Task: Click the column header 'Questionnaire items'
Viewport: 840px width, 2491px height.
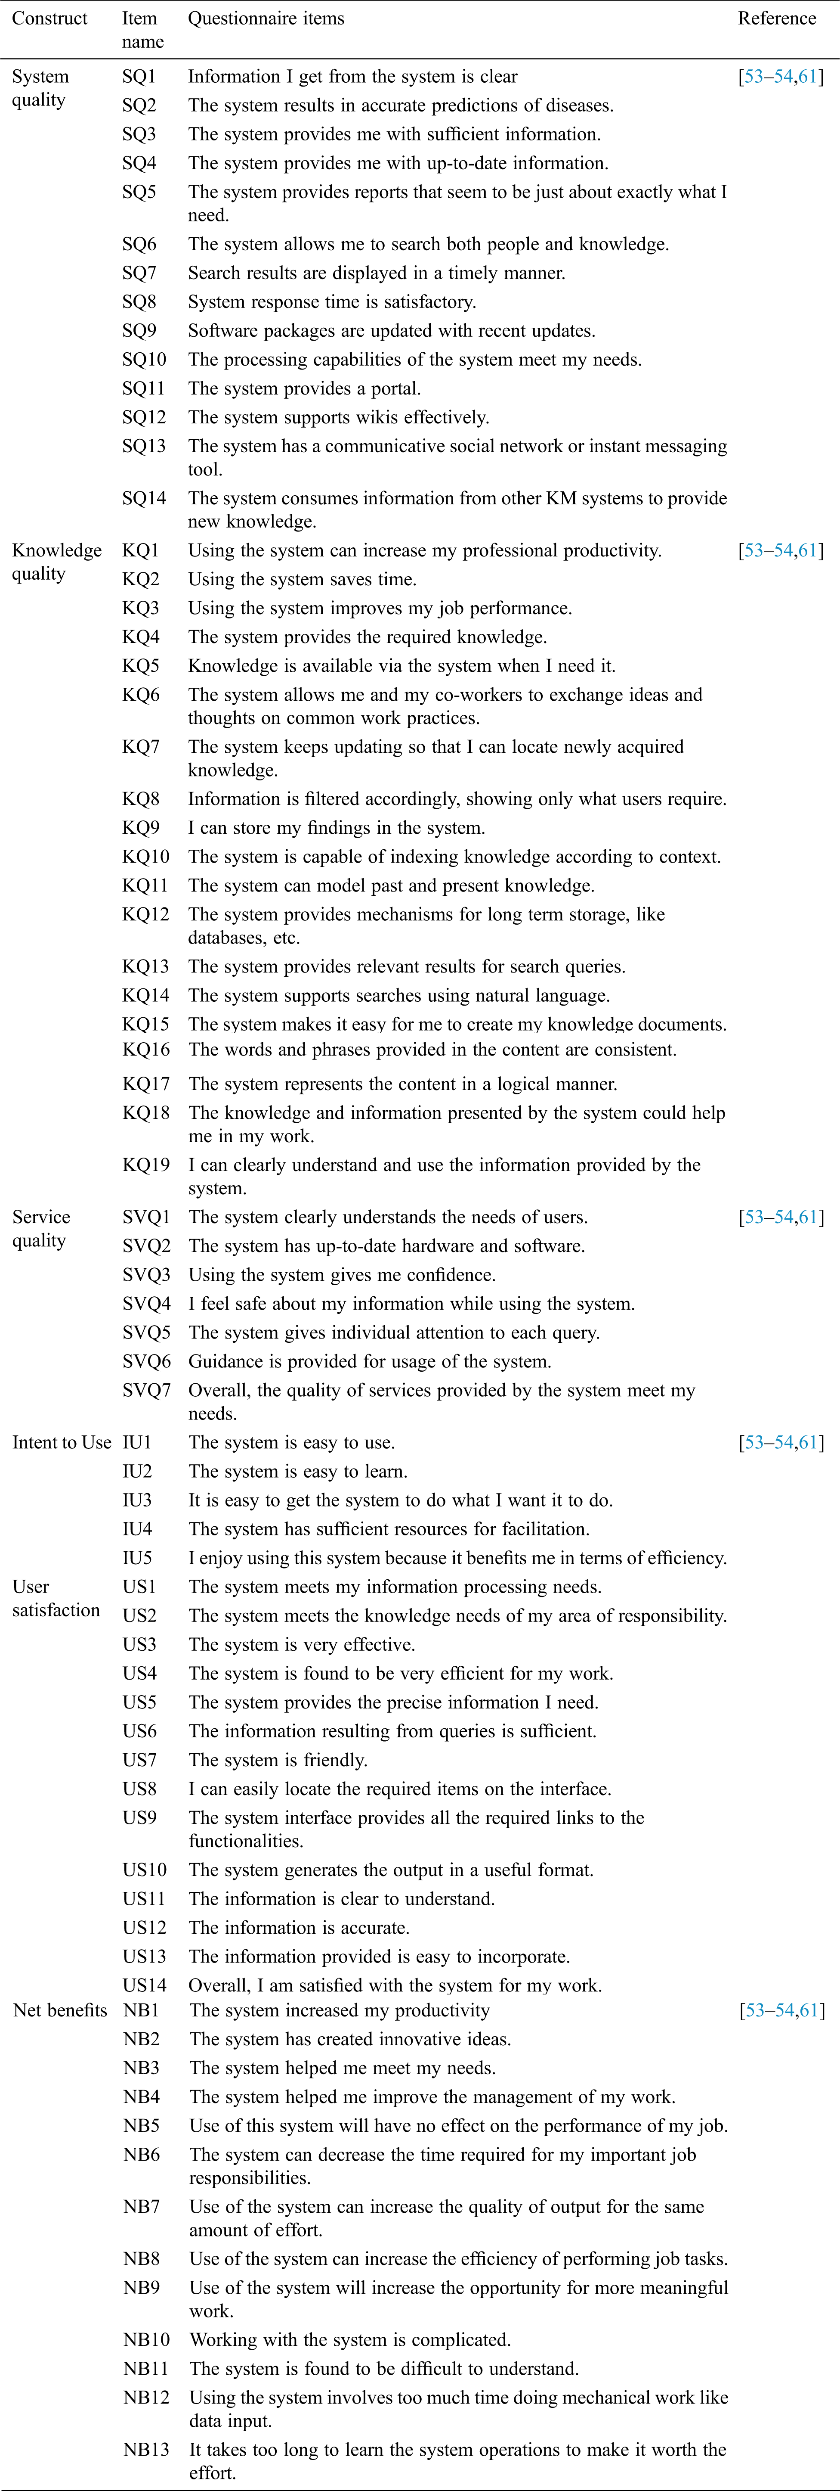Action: click(x=266, y=19)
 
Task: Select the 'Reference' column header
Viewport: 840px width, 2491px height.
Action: click(x=776, y=19)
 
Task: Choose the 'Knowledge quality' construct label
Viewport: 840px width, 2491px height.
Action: click(x=56, y=562)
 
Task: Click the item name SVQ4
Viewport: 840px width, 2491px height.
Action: click(x=146, y=1304)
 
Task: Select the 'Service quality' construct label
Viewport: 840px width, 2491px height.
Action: click(x=40, y=1228)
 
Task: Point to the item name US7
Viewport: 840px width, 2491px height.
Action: click(x=139, y=1760)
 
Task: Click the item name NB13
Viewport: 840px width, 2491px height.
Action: click(x=146, y=2449)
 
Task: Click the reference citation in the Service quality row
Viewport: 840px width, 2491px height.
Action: click(x=781, y=1217)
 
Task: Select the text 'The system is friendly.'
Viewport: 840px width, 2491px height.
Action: click(x=278, y=1760)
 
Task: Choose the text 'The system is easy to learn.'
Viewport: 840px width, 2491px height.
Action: click(x=298, y=1471)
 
